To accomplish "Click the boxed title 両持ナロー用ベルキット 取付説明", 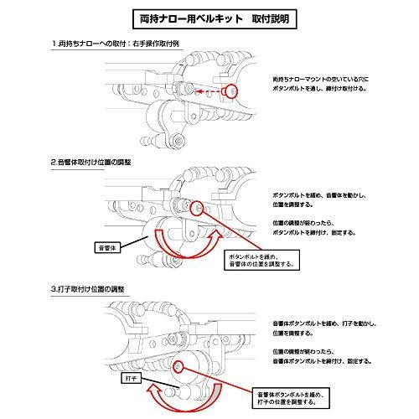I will coord(209,16).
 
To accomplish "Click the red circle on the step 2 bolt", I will coord(198,207).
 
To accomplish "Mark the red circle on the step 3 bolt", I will coord(178,365).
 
